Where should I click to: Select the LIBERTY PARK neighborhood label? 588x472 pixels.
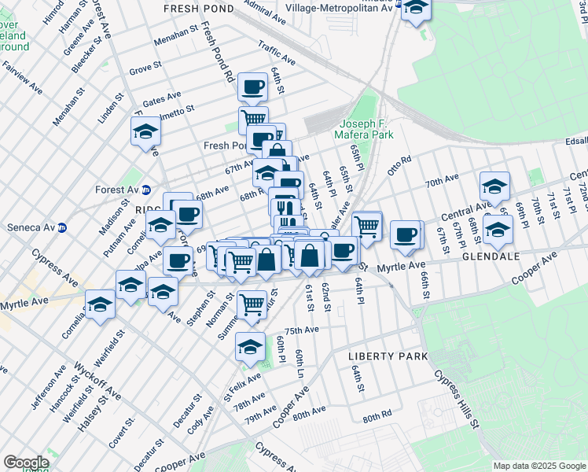point(388,356)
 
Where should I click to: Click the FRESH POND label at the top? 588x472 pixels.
point(198,8)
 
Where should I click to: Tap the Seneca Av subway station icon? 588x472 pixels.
point(62,228)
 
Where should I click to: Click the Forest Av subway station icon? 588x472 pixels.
point(146,190)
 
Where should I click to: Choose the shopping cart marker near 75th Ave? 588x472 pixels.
point(252,303)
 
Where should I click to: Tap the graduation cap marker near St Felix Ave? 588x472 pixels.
point(250,345)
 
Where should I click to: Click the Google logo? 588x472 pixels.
point(26,463)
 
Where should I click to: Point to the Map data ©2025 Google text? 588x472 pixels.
point(538,466)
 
